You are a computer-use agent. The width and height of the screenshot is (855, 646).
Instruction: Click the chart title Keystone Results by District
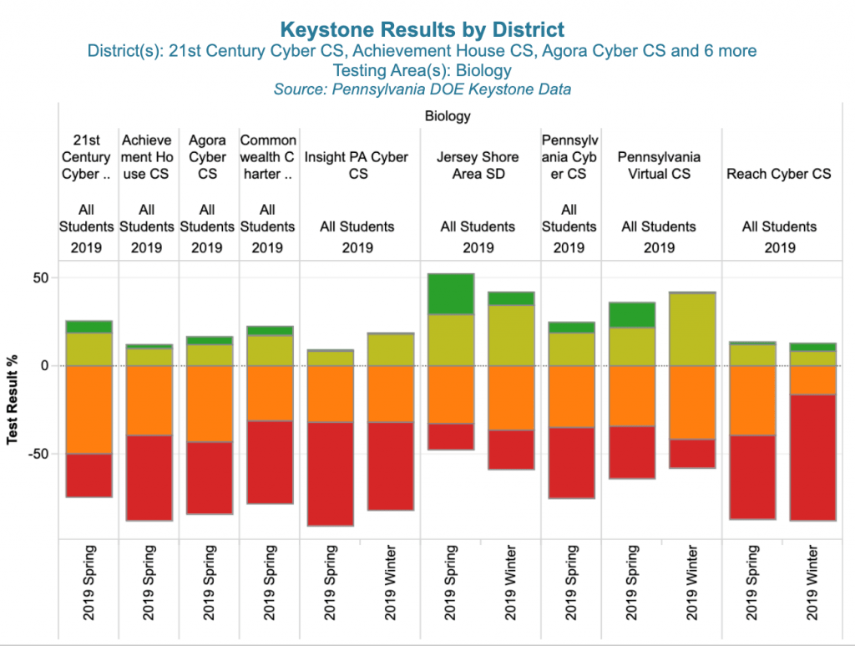point(422,31)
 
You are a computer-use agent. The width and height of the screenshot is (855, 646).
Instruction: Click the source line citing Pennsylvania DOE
point(422,89)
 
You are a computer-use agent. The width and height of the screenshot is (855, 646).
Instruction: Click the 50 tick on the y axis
point(38,277)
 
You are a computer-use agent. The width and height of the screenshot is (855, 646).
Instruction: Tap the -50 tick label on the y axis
point(36,454)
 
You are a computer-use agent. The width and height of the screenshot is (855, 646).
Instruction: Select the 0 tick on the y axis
point(43,366)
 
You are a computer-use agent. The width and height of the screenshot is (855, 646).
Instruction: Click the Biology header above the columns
point(448,116)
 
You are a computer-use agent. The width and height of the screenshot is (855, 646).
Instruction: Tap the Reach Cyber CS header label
point(779,174)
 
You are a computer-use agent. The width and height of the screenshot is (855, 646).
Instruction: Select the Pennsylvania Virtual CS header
point(659,165)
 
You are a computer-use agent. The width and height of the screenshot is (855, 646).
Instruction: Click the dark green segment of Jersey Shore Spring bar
point(451,293)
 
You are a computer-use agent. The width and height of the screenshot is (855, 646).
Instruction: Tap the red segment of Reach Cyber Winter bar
point(813,457)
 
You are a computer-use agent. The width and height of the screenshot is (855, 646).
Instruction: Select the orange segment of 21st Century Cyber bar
point(89,409)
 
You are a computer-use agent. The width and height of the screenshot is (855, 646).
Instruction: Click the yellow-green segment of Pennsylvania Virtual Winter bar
point(692,329)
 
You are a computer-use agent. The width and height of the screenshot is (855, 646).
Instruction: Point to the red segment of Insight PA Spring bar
point(331,474)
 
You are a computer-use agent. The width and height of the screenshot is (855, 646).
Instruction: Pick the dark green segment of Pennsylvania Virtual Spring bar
point(632,315)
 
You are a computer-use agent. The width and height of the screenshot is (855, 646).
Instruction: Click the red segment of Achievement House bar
point(149,477)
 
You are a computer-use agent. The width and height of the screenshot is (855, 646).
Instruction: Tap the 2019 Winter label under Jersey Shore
point(510,583)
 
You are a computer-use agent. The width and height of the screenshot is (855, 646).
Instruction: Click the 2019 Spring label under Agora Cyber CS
point(209,583)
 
